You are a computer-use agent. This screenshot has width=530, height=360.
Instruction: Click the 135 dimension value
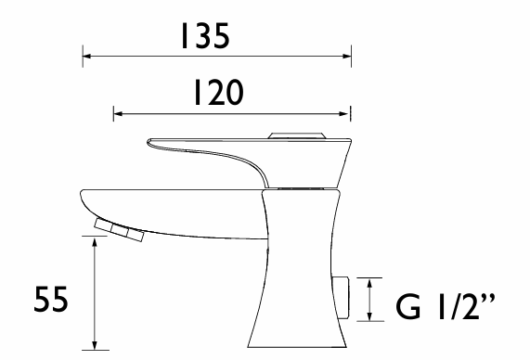[205, 36]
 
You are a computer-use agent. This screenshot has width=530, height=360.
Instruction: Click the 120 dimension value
[218, 92]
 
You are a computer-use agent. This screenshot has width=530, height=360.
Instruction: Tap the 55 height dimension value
[51, 300]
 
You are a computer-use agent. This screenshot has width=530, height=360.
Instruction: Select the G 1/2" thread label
[446, 306]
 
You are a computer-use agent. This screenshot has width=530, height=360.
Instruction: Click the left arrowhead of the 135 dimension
[87, 56]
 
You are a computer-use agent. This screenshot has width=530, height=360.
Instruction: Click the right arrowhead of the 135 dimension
[347, 56]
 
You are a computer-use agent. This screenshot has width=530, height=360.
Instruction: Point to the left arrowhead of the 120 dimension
[118, 114]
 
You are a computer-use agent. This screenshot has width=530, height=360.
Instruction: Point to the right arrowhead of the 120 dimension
[344, 114]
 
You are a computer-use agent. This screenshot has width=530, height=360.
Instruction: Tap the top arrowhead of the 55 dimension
[95, 241]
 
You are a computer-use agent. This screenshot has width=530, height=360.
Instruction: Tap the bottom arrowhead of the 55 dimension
[95, 345]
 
